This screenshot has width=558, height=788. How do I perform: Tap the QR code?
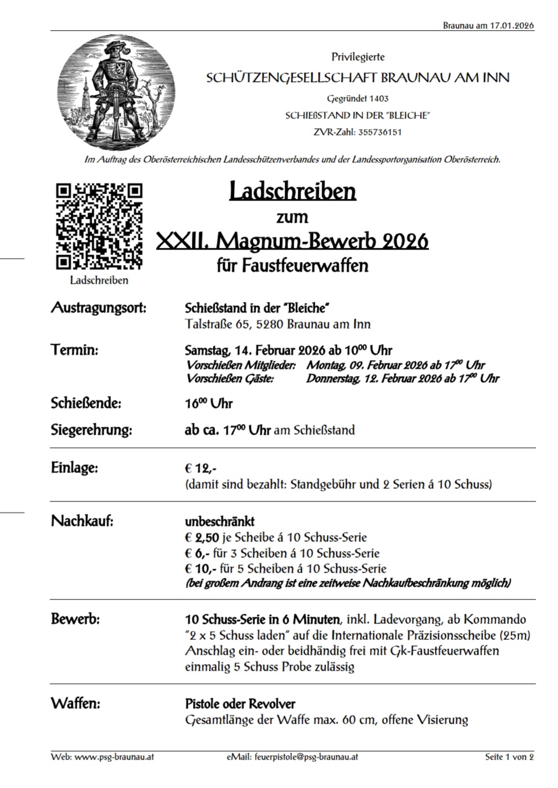tap(99, 226)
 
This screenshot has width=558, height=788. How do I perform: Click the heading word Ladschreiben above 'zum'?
tap(292, 191)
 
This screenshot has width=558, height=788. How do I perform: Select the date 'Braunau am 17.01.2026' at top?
tap(488, 26)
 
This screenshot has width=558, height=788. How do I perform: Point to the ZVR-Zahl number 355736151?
tap(378, 132)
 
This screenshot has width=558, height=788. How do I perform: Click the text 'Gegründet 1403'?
tap(358, 99)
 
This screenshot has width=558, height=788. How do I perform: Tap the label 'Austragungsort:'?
tap(99, 308)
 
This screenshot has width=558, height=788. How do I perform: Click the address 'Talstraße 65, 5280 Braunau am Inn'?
tap(277, 324)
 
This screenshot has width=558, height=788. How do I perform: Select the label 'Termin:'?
tap(75, 350)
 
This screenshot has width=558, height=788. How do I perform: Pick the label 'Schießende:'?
tap(86, 403)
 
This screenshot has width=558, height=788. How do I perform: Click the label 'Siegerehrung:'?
tap(91, 430)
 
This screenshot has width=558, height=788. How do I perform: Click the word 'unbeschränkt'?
tap(219, 521)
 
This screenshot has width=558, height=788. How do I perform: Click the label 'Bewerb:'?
tap(75, 619)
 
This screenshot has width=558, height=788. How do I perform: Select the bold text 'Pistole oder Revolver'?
tap(240, 704)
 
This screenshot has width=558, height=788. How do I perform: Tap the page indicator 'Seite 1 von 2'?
tap(509, 757)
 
